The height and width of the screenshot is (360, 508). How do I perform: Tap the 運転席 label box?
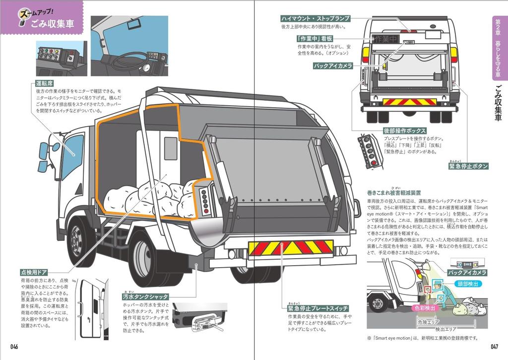pos(45,83)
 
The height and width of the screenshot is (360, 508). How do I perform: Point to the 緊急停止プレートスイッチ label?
pos(317,308)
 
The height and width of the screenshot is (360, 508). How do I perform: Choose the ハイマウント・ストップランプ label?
pos(316,18)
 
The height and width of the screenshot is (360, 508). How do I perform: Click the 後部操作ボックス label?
pos(405,130)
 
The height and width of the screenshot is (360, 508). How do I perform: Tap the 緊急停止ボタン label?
pos(468,166)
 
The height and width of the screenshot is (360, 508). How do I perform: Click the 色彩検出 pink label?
pos(424,308)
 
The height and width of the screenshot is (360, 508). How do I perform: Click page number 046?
pos(13,347)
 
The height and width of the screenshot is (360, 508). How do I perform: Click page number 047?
pos(494,347)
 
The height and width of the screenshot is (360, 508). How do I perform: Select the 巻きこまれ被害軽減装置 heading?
pos(394,192)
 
